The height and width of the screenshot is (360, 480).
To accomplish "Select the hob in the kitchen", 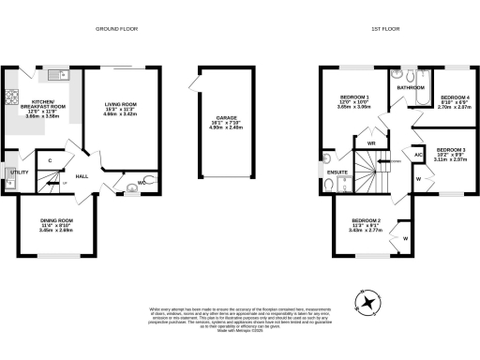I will (12, 94).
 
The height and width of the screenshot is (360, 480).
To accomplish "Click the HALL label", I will (82, 175).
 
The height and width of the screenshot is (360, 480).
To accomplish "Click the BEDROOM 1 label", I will (353, 97).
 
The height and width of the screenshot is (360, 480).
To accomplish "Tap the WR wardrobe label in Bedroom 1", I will (371, 143).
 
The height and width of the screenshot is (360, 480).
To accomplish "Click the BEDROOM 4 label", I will (454, 97).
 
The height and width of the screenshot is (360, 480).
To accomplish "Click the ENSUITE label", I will (337, 172).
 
